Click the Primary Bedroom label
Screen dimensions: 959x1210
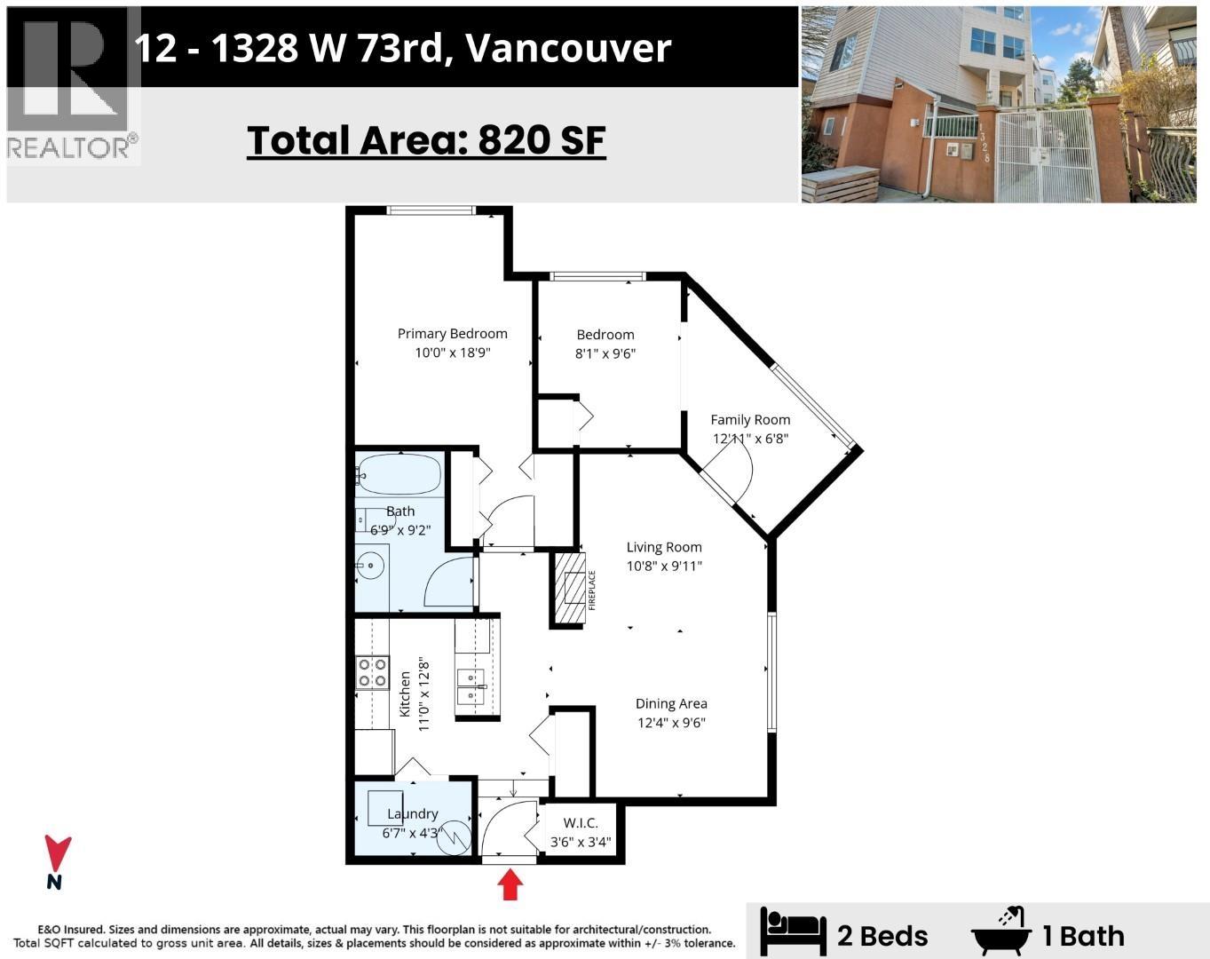click(x=452, y=334)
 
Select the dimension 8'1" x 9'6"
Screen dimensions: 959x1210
click(x=605, y=353)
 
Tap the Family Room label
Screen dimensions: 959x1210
click(x=750, y=420)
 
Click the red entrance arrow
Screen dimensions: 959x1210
click(x=510, y=884)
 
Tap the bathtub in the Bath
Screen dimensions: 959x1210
click(x=399, y=475)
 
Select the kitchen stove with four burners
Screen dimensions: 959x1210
click(x=372, y=672)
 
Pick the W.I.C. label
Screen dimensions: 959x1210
click(x=581, y=823)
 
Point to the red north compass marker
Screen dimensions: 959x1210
click(x=58, y=855)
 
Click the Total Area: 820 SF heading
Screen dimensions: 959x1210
click(x=426, y=140)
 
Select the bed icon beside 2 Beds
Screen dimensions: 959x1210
click(x=793, y=934)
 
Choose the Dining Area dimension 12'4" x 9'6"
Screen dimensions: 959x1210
click(x=671, y=723)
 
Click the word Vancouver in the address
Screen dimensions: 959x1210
click(x=568, y=48)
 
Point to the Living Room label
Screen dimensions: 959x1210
click(x=664, y=548)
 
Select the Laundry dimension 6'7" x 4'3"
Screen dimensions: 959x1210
click(x=412, y=833)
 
